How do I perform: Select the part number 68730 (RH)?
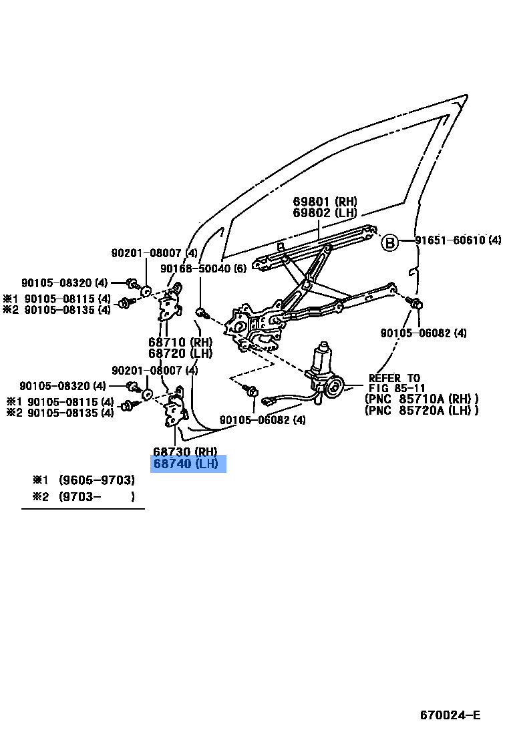pyautogui.click(x=185, y=451)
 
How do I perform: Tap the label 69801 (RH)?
pyautogui.click(x=325, y=201)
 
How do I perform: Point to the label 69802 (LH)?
pyautogui.click(x=325, y=212)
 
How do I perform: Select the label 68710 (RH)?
pyautogui.click(x=180, y=342)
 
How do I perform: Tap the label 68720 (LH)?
pyautogui.click(x=180, y=353)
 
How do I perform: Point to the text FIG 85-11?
pyautogui.click(x=397, y=389)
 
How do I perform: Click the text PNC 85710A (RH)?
pyautogui.click(x=422, y=399)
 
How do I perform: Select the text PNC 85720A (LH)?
pyautogui.click(x=422, y=411)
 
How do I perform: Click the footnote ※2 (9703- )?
pyautogui.click(x=83, y=496)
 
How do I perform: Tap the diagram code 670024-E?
pyautogui.click(x=450, y=715)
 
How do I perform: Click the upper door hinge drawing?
pyautogui.click(x=170, y=304)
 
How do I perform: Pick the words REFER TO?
pyautogui.click(x=394, y=378)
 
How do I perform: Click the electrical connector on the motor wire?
pyautogui.click(x=271, y=402)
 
